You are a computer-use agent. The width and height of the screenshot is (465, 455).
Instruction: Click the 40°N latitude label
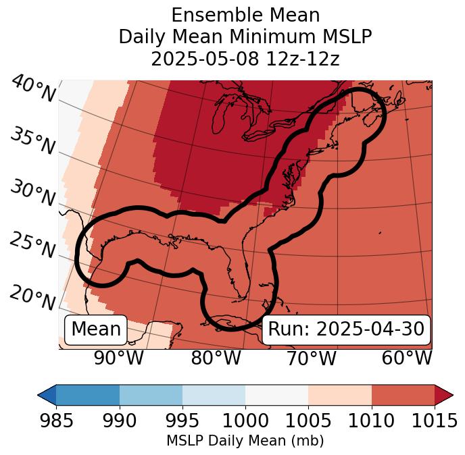pyautogui.click(x=32, y=90)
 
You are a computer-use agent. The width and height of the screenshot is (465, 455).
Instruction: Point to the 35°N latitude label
pyautogui.click(x=32, y=140)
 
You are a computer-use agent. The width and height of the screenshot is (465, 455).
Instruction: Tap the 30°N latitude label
pyautogui.click(x=32, y=194)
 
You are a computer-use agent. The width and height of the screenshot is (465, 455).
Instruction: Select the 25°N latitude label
pyautogui.click(x=32, y=246)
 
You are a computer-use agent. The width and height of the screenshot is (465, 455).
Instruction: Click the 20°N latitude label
pyautogui.click(x=32, y=298)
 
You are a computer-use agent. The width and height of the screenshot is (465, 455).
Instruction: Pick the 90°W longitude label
pyautogui.click(x=119, y=358)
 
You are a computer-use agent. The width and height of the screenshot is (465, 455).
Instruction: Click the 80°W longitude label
pyautogui.click(x=216, y=358)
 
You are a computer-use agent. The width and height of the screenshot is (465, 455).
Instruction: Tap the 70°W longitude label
pyautogui.click(x=312, y=358)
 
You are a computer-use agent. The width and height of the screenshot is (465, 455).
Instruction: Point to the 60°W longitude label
pyautogui.click(x=407, y=358)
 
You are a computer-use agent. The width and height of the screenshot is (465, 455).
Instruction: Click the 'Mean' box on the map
pyautogui.click(x=96, y=329)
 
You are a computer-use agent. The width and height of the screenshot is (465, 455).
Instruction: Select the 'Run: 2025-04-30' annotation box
pyautogui.click(x=346, y=329)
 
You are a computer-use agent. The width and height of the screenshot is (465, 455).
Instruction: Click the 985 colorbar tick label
pyautogui.click(x=56, y=421)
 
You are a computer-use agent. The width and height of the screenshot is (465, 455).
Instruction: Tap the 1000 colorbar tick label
pyautogui.click(x=245, y=421)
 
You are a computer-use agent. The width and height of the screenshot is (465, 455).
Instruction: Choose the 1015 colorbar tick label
pyautogui.click(x=434, y=421)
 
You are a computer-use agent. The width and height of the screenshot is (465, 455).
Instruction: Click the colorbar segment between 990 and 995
pyautogui.click(x=151, y=394)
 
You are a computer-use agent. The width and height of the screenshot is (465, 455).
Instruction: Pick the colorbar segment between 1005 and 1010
pyautogui.click(x=340, y=394)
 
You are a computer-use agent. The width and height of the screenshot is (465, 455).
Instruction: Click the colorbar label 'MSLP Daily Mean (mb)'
pyautogui.click(x=245, y=441)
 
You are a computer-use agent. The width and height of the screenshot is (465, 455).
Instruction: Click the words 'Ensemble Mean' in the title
pyautogui.click(x=245, y=15)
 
